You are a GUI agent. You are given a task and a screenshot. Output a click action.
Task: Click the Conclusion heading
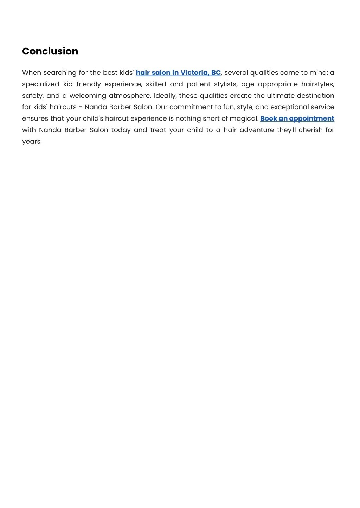[x=50, y=51]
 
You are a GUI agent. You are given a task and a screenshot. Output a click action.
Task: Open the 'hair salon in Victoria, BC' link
[x=178, y=73]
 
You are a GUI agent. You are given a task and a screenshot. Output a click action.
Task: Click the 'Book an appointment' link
[x=297, y=118]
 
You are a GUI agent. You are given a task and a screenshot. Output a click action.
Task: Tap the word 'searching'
[x=60, y=73]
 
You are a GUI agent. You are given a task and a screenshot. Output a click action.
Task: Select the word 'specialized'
[x=40, y=84]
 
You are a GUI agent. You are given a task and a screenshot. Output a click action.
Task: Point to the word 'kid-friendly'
[x=82, y=84]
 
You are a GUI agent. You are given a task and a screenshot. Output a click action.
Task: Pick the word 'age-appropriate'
[x=269, y=84]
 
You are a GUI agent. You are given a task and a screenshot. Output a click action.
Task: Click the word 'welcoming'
[x=88, y=96]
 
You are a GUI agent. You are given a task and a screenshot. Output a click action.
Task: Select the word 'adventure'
[x=257, y=130]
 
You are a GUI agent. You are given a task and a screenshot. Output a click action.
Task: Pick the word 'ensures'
[x=35, y=118]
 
